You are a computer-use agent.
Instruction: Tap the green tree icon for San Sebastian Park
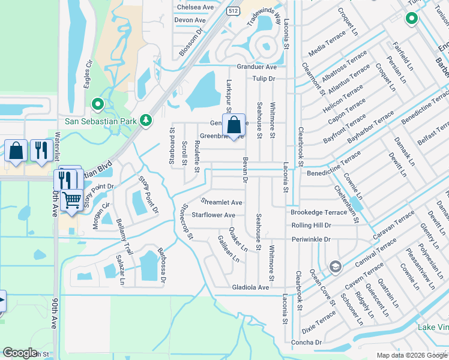coord(145,120)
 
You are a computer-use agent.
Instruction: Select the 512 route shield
coord(233,11)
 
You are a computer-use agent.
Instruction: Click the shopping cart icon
coord(72,199)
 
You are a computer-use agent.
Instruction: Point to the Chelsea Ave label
coord(195,7)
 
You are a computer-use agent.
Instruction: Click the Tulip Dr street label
coord(264,79)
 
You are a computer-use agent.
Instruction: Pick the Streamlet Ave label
coord(221,202)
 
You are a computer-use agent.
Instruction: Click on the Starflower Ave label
coord(213,215)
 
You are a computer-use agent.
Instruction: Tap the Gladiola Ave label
coord(251,287)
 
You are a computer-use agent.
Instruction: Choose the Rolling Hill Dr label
coord(311,225)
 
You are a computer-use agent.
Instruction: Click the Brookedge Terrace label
coord(319,212)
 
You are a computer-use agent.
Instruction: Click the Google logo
coord(19,353)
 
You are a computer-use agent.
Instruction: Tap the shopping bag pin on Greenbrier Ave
coord(234,125)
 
